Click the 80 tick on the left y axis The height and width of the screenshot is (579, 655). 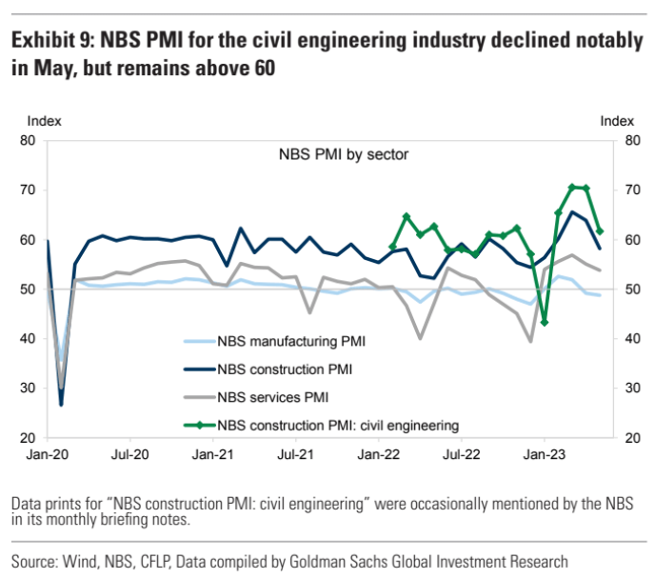click(x=29, y=141)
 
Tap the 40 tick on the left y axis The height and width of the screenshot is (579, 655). click(x=29, y=339)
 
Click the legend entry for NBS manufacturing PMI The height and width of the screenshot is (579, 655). click(x=290, y=340)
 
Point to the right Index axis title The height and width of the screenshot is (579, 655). click(x=617, y=121)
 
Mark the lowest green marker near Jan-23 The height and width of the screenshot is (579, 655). click(x=544, y=323)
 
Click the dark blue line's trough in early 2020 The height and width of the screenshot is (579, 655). click(x=61, y=405)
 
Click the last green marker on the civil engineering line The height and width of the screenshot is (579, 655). click(x=600, y=230)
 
